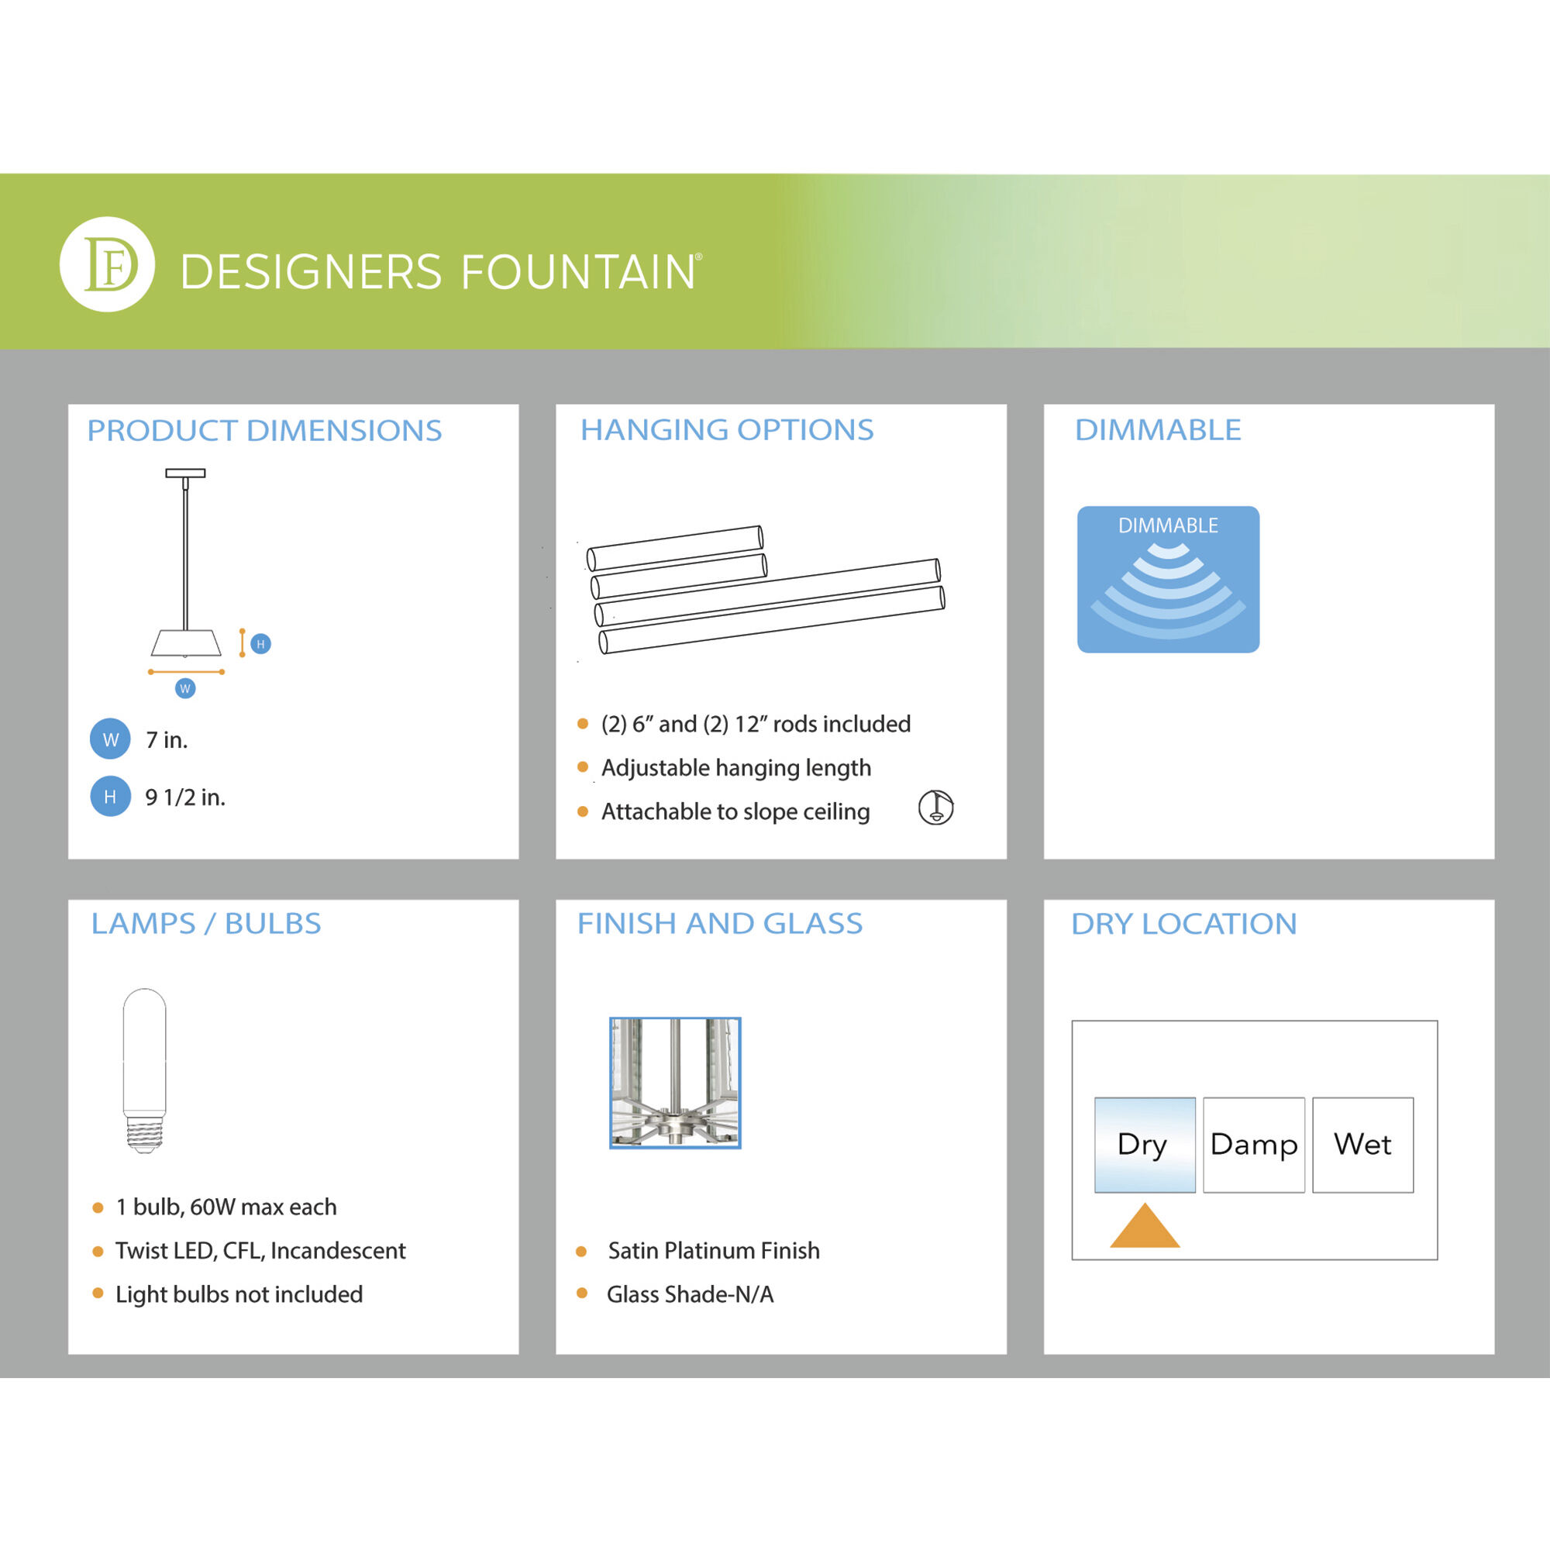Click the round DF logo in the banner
107,264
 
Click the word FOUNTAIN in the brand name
577,272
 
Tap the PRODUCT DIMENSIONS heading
264,431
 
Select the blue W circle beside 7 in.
110,739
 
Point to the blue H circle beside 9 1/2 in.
110,797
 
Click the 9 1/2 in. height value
184,797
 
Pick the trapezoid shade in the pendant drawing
185,642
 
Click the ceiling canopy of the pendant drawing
185,474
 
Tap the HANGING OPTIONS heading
726,430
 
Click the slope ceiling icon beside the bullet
935,807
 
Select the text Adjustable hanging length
735,768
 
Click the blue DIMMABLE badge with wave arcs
1167,579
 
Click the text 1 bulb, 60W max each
226,1207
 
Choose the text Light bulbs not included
239,1294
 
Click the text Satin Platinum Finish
713,1251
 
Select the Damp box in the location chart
1253,1144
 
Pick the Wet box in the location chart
1362,1144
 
